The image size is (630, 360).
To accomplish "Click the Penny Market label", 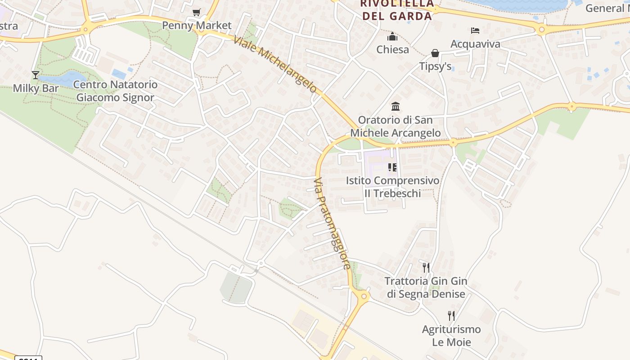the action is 197,25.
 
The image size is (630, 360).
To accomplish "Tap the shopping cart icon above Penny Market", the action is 196,12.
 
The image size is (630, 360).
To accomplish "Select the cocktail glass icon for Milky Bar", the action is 36,75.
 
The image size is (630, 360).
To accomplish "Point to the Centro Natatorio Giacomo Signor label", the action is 115,91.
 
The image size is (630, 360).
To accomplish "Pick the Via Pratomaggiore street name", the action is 332,223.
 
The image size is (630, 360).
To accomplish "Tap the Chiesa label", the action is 392,49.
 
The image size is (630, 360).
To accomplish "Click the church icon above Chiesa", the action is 392,36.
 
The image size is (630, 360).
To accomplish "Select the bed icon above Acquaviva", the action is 475,31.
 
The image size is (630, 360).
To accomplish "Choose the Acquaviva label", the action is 475,44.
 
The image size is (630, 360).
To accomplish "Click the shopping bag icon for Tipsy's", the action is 435,53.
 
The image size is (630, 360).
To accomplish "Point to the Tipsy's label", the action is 435,67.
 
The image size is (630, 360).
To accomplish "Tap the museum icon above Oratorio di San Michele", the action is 396,107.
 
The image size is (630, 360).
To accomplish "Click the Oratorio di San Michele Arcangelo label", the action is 396,126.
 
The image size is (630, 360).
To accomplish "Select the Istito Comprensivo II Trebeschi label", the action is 392,187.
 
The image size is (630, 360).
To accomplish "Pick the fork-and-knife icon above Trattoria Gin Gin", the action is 426,268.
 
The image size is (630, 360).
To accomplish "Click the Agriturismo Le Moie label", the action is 451,336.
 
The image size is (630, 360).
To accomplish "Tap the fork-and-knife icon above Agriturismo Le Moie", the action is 451,316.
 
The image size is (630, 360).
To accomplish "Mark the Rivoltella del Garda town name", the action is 396,10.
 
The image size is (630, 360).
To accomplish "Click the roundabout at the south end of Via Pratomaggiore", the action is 364,296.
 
